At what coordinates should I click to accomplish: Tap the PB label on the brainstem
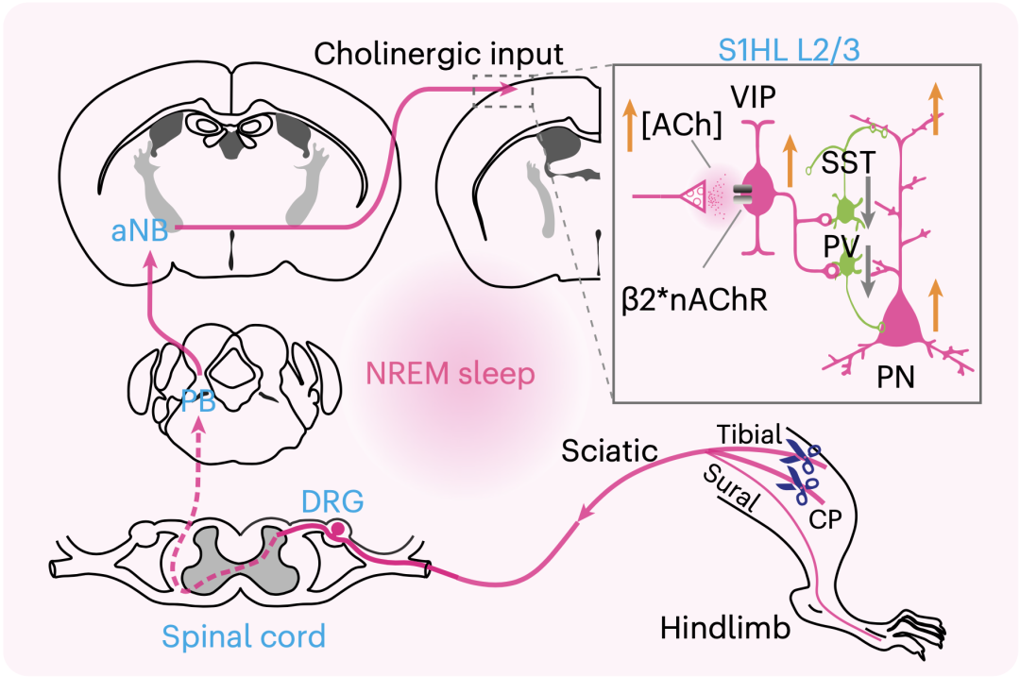tap(197, 402)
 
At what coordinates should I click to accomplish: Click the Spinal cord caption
tap(244, 635)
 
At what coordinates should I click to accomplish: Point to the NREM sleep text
tap(451, 375)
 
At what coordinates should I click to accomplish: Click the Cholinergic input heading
tap(439, 54)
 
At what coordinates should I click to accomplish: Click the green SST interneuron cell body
tap(843, 209)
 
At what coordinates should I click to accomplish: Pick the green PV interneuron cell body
tap(847, 269)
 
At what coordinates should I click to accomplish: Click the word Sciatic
tap(609, 451)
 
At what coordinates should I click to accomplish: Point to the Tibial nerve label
tap(749, 434)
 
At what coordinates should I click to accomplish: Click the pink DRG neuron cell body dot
tap(336, 532)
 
